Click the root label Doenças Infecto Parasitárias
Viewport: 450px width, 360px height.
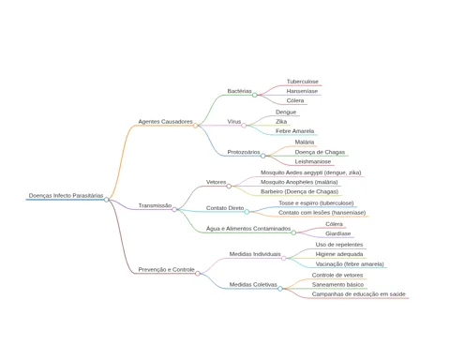66,196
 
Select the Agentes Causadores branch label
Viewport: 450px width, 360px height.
165,122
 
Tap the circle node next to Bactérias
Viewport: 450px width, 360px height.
255,95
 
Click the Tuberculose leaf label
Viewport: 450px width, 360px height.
303,82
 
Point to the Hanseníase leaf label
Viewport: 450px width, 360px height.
302,91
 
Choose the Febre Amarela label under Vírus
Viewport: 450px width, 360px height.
294,131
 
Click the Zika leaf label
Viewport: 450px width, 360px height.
281,122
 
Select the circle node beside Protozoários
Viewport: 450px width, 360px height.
263,156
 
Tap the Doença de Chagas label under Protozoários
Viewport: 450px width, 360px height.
320,152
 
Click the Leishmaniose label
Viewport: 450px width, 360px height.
313,161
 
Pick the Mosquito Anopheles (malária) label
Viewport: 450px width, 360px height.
299,182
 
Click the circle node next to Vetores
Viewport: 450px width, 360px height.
229,187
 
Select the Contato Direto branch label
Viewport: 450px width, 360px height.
225,208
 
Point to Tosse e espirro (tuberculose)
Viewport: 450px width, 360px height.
316,203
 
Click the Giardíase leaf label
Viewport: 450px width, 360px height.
338,233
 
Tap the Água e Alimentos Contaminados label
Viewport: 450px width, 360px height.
248,229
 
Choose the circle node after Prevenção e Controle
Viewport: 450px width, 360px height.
198,274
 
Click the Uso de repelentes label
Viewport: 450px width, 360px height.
339,245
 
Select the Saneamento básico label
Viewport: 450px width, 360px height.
337,285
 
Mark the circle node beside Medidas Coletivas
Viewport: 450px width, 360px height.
280,289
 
